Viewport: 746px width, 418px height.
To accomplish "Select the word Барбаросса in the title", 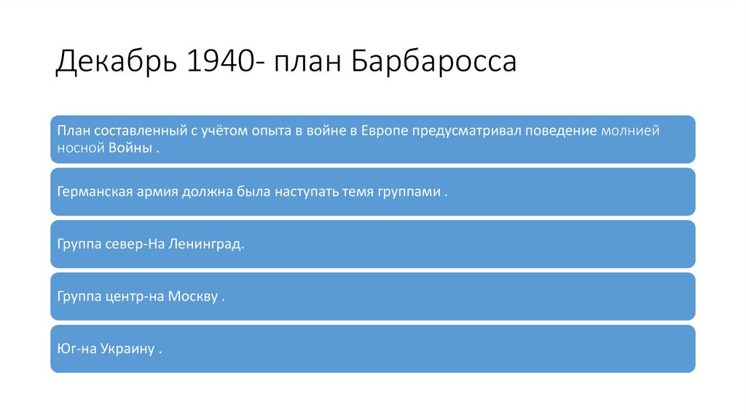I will pyautogui.click(x=435, y=62).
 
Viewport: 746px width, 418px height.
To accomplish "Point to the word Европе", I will pyautogui.click(x=382, y=131).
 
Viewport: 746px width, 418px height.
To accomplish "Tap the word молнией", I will pyautogui.click(x=630, y=131).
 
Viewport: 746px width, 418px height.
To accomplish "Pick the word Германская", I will pyautogui.click(x=93, y=192).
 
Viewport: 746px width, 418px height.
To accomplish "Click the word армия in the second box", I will pyautogui.click(x=154, y=192).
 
